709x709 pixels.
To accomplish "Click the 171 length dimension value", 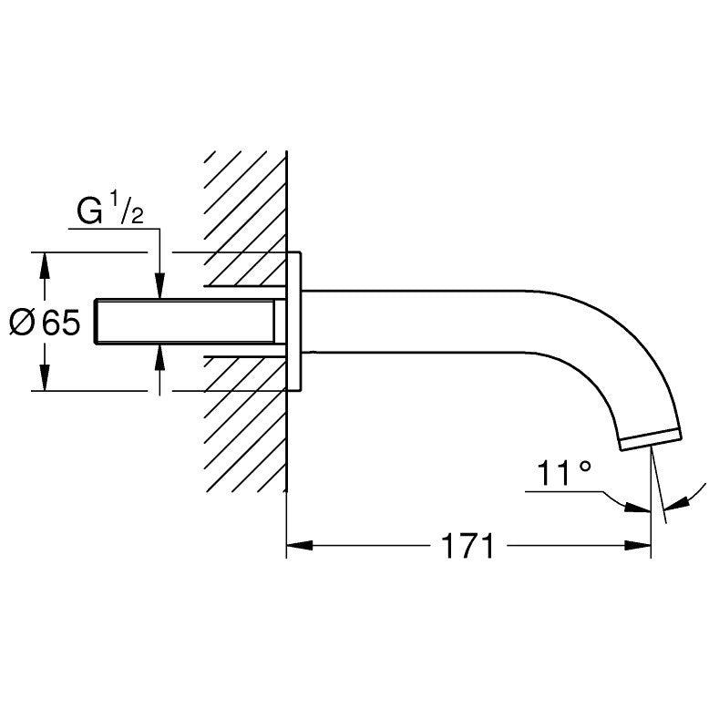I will (x=468, y=547).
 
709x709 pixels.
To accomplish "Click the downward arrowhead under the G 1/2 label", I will (x=160, y=286).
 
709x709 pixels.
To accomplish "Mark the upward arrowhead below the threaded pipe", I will (x=160, y=354).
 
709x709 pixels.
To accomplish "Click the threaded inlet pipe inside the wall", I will (x=187, y=321).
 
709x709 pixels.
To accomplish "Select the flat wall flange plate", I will (x=294, y=321).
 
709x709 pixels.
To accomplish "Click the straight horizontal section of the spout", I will (x=410, y=321).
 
